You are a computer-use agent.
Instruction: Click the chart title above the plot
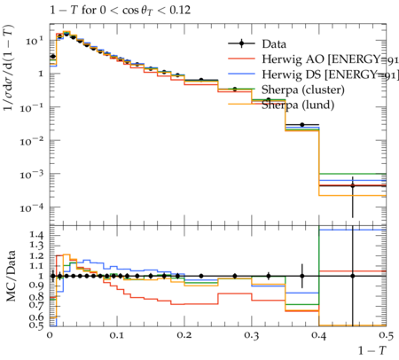[x=120, y=11]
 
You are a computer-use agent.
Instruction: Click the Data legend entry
[x=274, y=44]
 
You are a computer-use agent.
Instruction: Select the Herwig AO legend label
[x=330, y=59]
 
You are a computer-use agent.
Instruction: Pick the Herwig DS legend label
[x=330, y=74]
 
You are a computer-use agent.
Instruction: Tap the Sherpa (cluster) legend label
[x=303, y=90]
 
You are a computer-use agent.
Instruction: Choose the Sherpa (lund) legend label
[x=298, y=105]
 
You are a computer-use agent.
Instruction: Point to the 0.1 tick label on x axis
[x=117, y=335]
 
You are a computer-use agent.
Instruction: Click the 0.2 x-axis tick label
[x=184, y=335]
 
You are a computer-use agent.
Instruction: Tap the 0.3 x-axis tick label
[x=252, y=335]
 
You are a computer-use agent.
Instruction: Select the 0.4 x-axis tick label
[x=319, y=335]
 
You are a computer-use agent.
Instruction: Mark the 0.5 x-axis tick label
[x=386, y=335]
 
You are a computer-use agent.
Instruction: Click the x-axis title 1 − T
[x=372, y=350]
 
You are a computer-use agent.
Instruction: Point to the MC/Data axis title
[x=11, y=276]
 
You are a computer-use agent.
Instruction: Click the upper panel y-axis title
[x=9, y=67]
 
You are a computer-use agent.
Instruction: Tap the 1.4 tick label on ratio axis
[x=36, y=235]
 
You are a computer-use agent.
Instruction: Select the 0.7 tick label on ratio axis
[x=36, y=304]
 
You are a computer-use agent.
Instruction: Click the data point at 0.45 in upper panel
[x=352, y=185]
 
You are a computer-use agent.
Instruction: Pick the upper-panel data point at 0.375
[x=302, y=125]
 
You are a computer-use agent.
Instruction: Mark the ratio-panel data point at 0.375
[x=302, y=276]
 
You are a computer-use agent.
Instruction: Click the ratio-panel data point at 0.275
[x=235, y=276]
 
